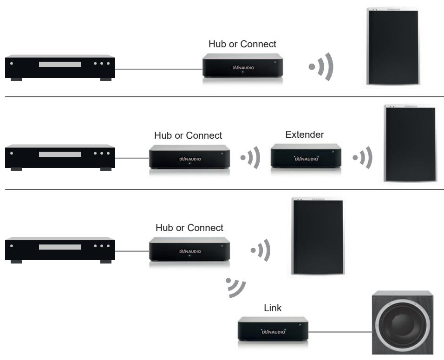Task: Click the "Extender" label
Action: pyautogui.click(x=304, y=135)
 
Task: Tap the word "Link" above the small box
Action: pyautogui.click(x=273, y=308)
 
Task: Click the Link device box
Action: pyautogui.click(x=272, y=330)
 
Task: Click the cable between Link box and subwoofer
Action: pyautogui.click(x=339, y=331)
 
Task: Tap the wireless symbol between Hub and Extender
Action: pyautogui.click(x=251, y=158)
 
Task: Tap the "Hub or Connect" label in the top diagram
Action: pyautogui.click(x=242, y=44)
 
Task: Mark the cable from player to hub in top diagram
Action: pyautogui.click(x=158, y=70)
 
